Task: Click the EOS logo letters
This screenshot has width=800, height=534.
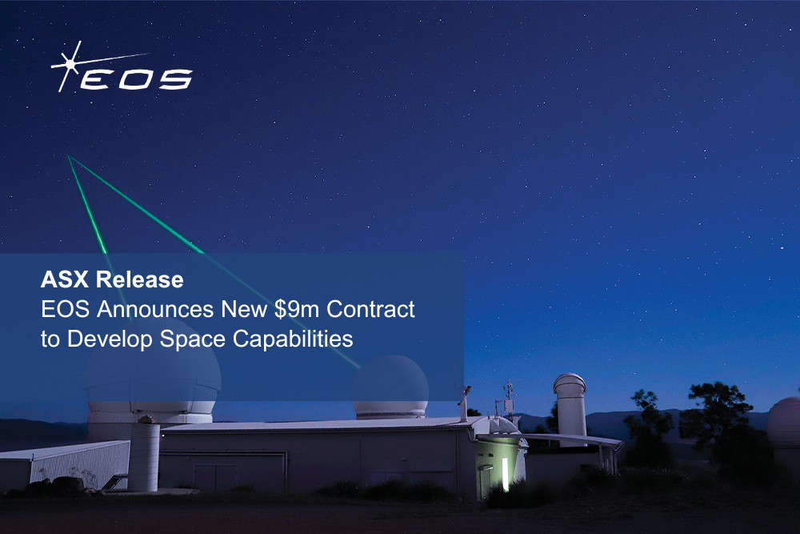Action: point(136,78)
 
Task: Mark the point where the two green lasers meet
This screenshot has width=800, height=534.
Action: point(69,157)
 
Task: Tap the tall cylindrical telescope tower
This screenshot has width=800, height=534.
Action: point(570,408)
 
